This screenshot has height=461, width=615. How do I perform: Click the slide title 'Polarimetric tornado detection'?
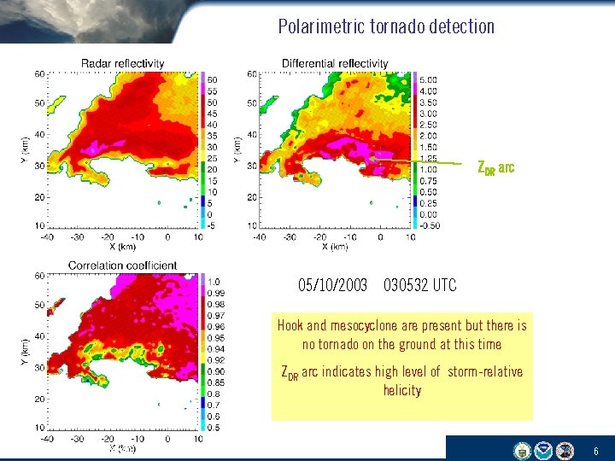[x=386, y=26]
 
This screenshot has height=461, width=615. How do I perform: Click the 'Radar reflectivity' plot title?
[x=122, y=64]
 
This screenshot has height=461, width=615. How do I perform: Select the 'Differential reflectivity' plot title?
[x=334, y=63]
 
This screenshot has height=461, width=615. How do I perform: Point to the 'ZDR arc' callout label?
[x=495, y=167]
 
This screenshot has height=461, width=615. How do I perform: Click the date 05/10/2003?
[x=333, y=284]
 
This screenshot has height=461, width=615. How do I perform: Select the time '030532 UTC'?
[x=420, y=284]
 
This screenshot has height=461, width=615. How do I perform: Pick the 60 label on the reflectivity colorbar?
[x=214, y=79]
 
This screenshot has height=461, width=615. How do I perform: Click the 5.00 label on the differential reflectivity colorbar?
[x=428, y=79]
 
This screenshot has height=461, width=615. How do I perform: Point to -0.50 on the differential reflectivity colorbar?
[x=429, y=225]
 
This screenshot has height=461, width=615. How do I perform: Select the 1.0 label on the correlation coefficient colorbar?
[x=214, y=282]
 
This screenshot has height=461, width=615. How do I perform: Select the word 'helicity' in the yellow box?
[x=401, y=390]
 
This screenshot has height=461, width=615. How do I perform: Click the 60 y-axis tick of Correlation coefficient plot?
[x=39, y=276]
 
